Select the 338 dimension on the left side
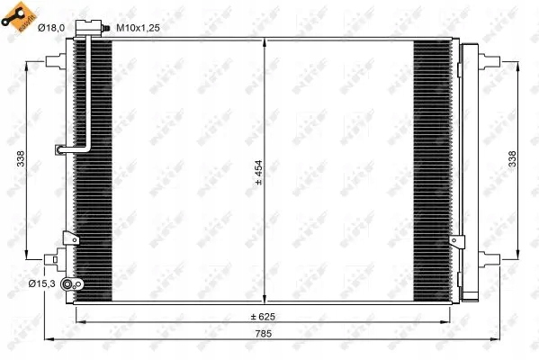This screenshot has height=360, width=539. coord(21,158)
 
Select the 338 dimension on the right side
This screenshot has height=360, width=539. coord(512,158)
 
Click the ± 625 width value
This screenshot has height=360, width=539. coord(262,317)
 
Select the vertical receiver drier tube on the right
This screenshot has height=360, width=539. coord(465,171)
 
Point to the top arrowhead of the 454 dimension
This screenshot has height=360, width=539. coord(262,43)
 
